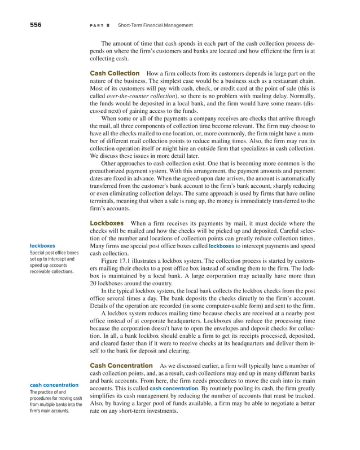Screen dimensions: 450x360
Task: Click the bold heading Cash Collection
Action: (115, 73)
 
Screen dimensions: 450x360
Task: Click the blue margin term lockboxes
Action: (42, 246)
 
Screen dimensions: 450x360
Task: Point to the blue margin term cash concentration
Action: (54, 385)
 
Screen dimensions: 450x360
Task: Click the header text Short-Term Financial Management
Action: (155, 25)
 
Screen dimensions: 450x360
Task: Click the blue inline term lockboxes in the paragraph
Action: (221, 246)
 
